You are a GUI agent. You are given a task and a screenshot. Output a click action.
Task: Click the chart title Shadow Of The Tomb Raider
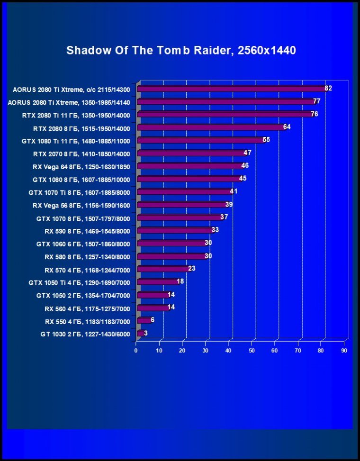click(x=181, y=50)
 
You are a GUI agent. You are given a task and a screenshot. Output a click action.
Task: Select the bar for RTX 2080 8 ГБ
click(x=211, y=127)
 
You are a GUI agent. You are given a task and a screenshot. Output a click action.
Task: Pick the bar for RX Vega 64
click(x=190, y=166)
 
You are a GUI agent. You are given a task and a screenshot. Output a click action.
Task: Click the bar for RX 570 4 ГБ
click(x=163, y=269)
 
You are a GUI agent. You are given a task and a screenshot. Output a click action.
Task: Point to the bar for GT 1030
click(x=140, y=333)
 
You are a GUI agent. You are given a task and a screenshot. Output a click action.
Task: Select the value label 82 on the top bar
click(x=328, y=88)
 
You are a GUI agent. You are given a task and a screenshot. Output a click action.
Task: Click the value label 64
click(x=287, y=127)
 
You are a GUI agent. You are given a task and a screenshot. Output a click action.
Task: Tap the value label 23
click(x=192, y=268)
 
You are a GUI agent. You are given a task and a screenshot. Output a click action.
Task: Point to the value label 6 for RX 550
click(x=153, y=320)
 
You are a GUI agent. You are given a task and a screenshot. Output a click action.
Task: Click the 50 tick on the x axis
click(x=252, y=351)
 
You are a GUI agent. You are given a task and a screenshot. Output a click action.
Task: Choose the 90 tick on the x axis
click(x=344, y=351)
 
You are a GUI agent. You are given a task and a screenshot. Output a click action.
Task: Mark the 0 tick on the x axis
click(x=136, y=351)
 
